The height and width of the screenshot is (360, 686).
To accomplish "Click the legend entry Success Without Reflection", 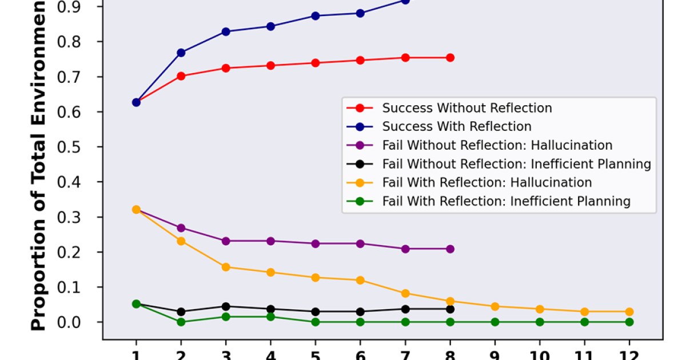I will [x=467, y=108].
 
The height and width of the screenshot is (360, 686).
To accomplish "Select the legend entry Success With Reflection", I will [x=457, y=126].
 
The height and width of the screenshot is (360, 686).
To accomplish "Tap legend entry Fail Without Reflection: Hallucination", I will [x=497, y=145].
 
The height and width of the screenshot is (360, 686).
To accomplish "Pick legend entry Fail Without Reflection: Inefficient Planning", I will [x=517, y=164].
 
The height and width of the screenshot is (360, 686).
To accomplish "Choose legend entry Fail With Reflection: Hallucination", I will [x=487, y=183].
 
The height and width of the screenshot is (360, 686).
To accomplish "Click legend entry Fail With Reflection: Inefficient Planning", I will [x=506, y=201].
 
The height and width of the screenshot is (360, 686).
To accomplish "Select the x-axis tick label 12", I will [x=629, y=354].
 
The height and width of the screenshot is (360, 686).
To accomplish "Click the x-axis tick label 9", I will [x=494, y=354].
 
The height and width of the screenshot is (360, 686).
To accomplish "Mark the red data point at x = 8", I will [x=450, y=58].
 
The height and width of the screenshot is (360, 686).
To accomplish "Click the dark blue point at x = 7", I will [x=405, y=1].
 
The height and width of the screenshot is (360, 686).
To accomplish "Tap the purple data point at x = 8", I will [x=450, y=249].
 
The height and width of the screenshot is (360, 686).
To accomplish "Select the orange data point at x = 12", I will [x=629, y=312].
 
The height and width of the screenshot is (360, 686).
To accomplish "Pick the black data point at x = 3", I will [x=226, y=307].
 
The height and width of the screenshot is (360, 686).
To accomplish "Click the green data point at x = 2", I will [x=181, y=322].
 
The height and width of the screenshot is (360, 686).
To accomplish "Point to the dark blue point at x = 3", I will [x=226, y=32].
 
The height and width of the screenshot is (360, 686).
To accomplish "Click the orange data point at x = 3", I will [x=226, y=267].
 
